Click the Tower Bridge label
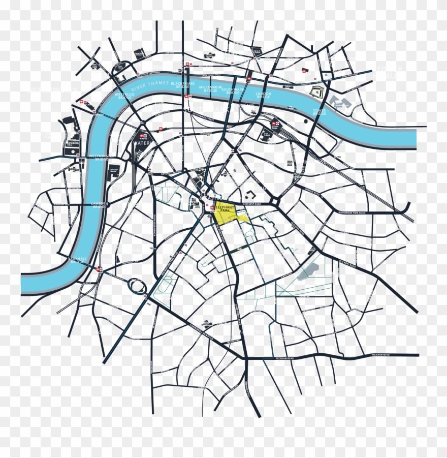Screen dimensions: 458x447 tap(319, 111)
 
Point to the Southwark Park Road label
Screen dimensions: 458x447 tap(352, 212)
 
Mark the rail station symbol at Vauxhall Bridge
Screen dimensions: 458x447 tap(101, 269)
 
